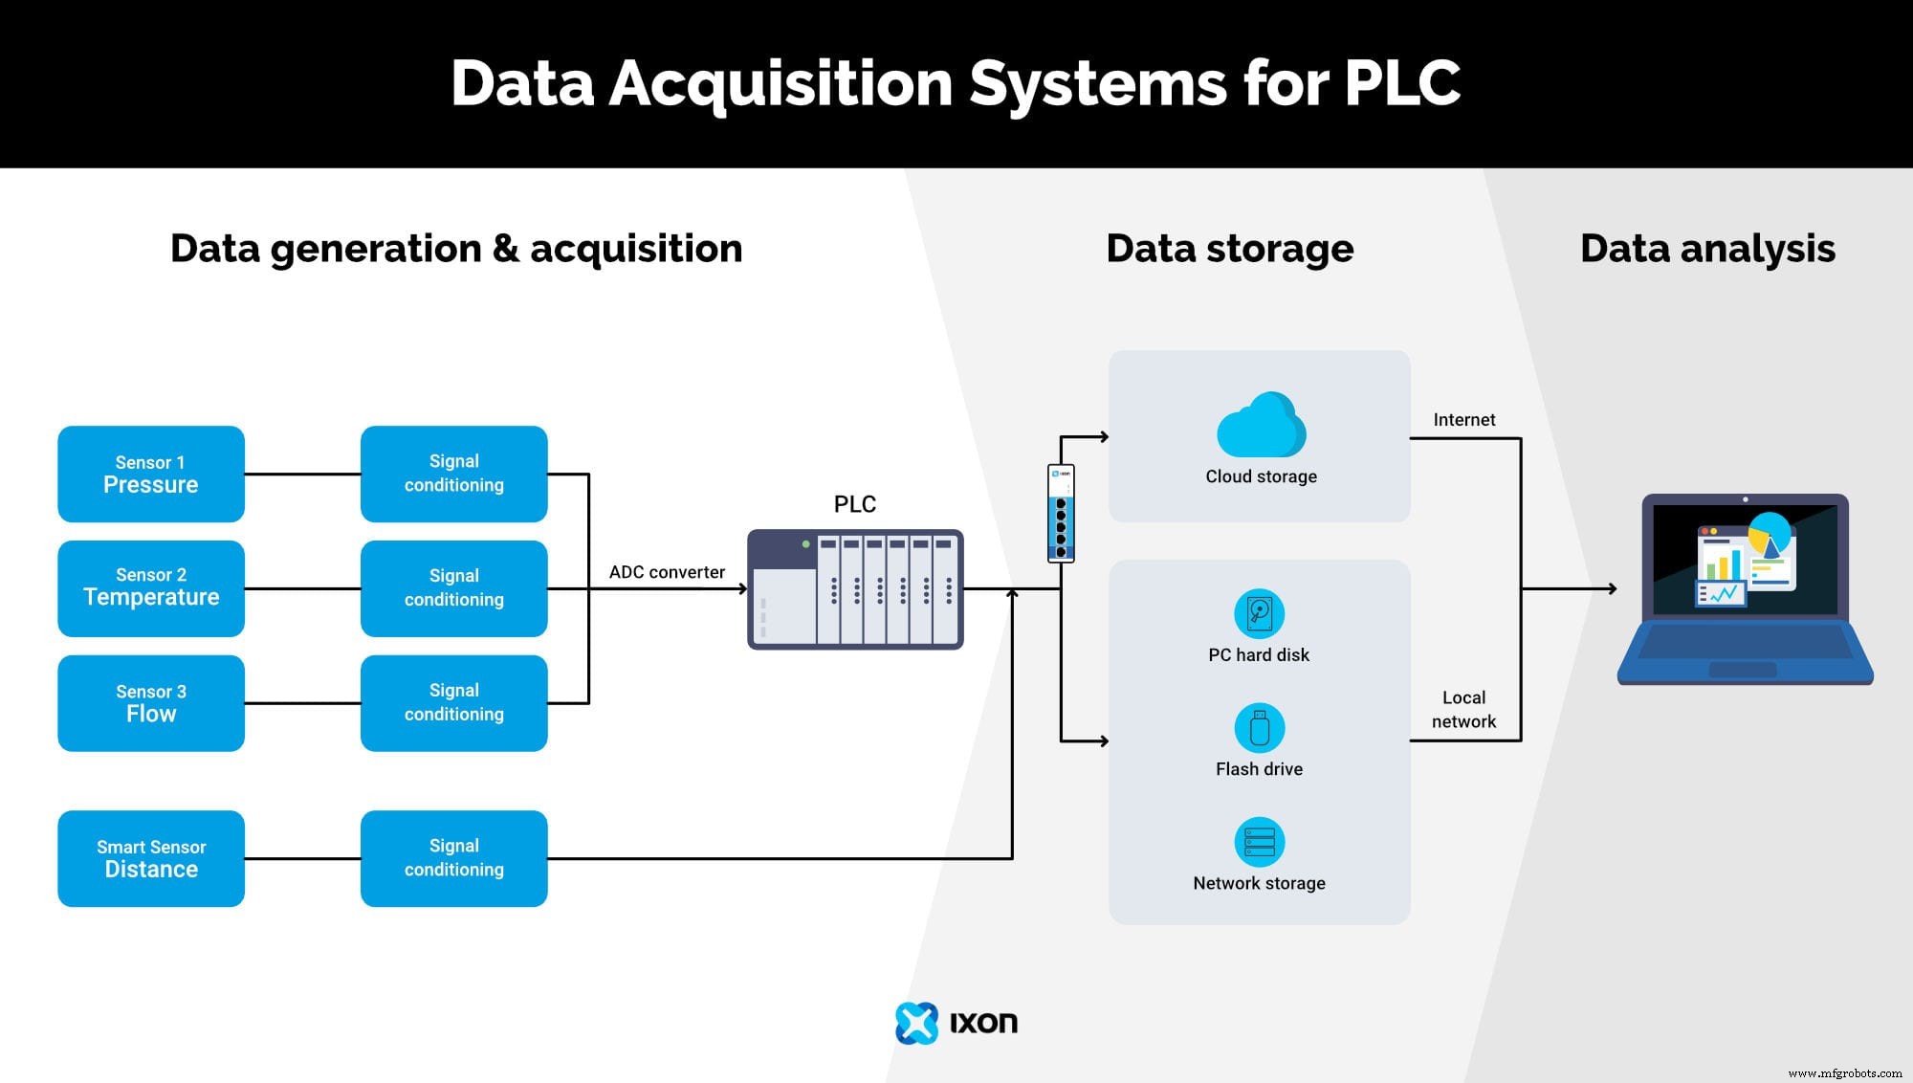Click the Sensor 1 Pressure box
pyautogui.click(x=150, y=475)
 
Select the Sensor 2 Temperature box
pyautogui.click(x=150, y=588)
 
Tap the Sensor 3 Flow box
pyautogui.click(x=150, y=703)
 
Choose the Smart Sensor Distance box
pyautogui.click(x=150, y=858)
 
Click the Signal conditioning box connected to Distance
pyautogui.click(x=453, y=858)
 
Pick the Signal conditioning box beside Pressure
pyautogui.click(x=453, y=475)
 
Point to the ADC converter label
pyautogui.click(x=667, y=572)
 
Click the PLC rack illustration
pyautogui.click(x=854, y=589)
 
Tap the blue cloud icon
pyautogui.click(x=1261, y=426)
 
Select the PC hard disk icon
pyautogui.click(x=1259, y=613)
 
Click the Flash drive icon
pyautogui.click(x=1259, y=728)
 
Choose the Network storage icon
pyautogui.click(x=1259, y=842)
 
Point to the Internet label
pyautogui.click(x=1463, y=420)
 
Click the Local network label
pyautogui.click(x=1463, y=710)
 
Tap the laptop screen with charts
pyautogui.click(x=1745, y=561)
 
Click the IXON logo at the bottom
pyautogui.click(x=956, y=1023)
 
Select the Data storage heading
pyautogui.click(x=1229, y=249)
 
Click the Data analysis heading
pyautogui.click(x=1707, y=249)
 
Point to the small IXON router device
pyautogui.click(x=1061, y=514)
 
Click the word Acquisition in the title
pyautogui.click(x=781, y=83)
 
